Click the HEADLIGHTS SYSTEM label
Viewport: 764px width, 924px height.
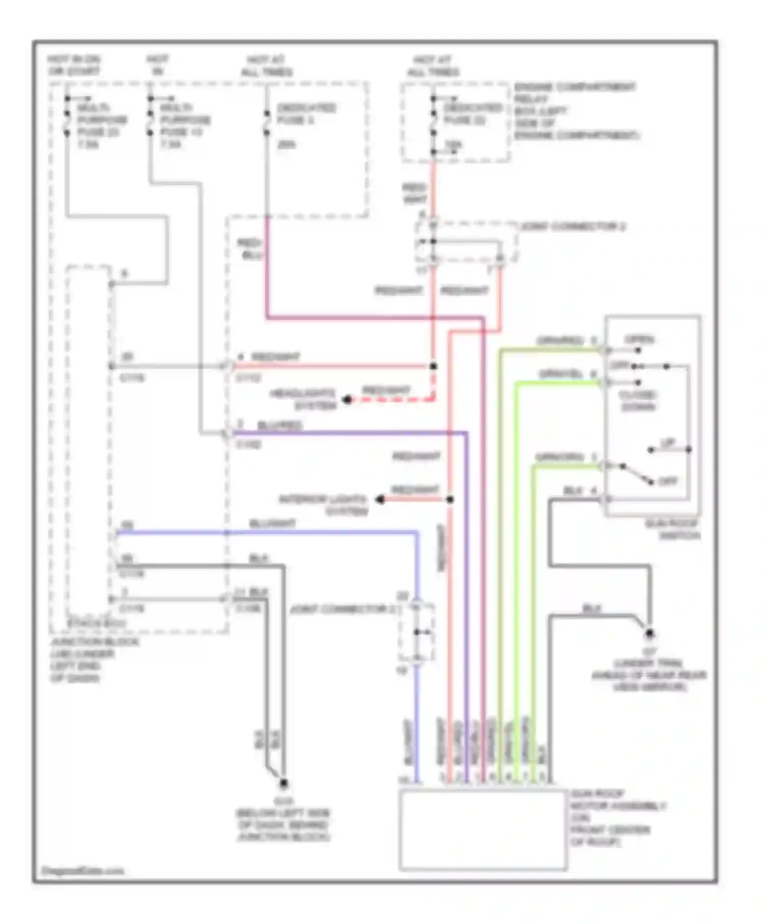[304, 400]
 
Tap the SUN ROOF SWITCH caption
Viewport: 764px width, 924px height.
[672, 530]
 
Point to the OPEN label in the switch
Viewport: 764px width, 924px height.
[639, 340]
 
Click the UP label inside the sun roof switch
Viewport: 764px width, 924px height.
[667, 443]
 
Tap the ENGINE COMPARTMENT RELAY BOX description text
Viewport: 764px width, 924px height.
[576, 112]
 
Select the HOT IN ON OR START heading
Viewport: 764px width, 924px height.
[74, 65]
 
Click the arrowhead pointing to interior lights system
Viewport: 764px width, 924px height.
[380, 500]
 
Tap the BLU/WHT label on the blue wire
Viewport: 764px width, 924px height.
[272, 524]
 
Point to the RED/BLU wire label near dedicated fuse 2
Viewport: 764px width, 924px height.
[250, 249]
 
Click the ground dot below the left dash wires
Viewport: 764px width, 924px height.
[284, 784]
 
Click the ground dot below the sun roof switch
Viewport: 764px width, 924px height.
[649, 634]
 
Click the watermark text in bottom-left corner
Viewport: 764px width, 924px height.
[82, 871]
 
